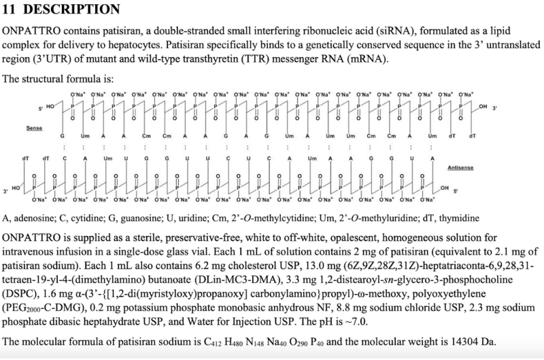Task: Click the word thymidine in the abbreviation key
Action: click(x=460, y=218)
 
